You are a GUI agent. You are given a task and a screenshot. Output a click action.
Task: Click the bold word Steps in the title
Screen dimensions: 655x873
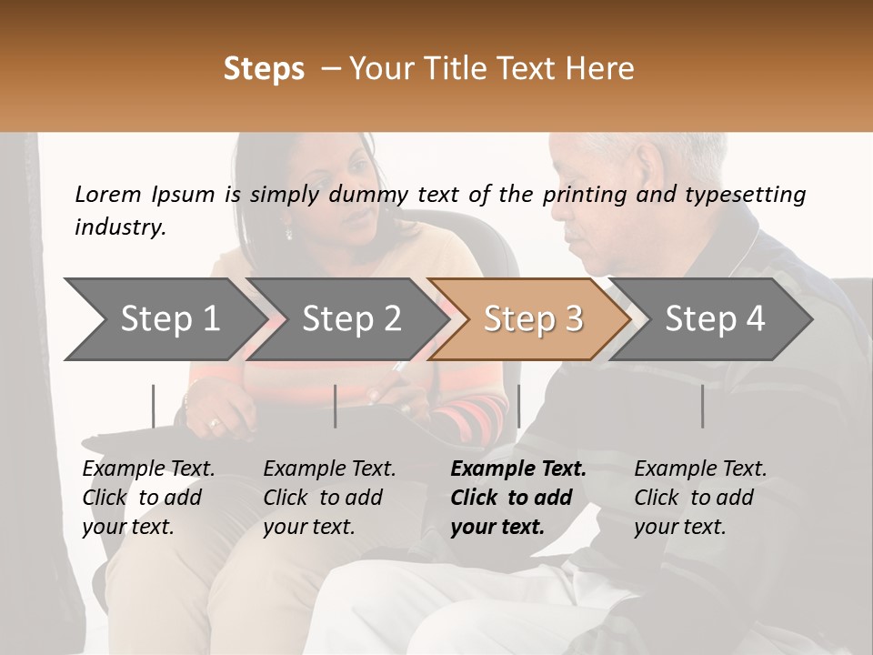[264, 69]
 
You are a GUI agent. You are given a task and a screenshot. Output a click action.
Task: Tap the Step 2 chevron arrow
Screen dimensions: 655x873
[346, 318]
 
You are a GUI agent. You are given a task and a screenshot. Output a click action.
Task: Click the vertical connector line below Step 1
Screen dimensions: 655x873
[153, 406]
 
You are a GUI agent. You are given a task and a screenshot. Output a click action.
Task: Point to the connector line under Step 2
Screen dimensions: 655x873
[336, 406]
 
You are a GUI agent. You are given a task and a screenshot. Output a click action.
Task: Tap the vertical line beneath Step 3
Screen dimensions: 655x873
[518, 406]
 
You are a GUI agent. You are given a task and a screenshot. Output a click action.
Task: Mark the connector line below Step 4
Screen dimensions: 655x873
[702, 406]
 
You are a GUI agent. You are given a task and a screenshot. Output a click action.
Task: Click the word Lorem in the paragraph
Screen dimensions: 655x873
[108, 195]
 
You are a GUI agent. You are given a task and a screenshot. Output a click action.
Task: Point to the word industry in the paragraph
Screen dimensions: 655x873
[118, 227]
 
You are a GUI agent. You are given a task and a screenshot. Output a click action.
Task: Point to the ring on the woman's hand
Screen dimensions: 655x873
[215, 422]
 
